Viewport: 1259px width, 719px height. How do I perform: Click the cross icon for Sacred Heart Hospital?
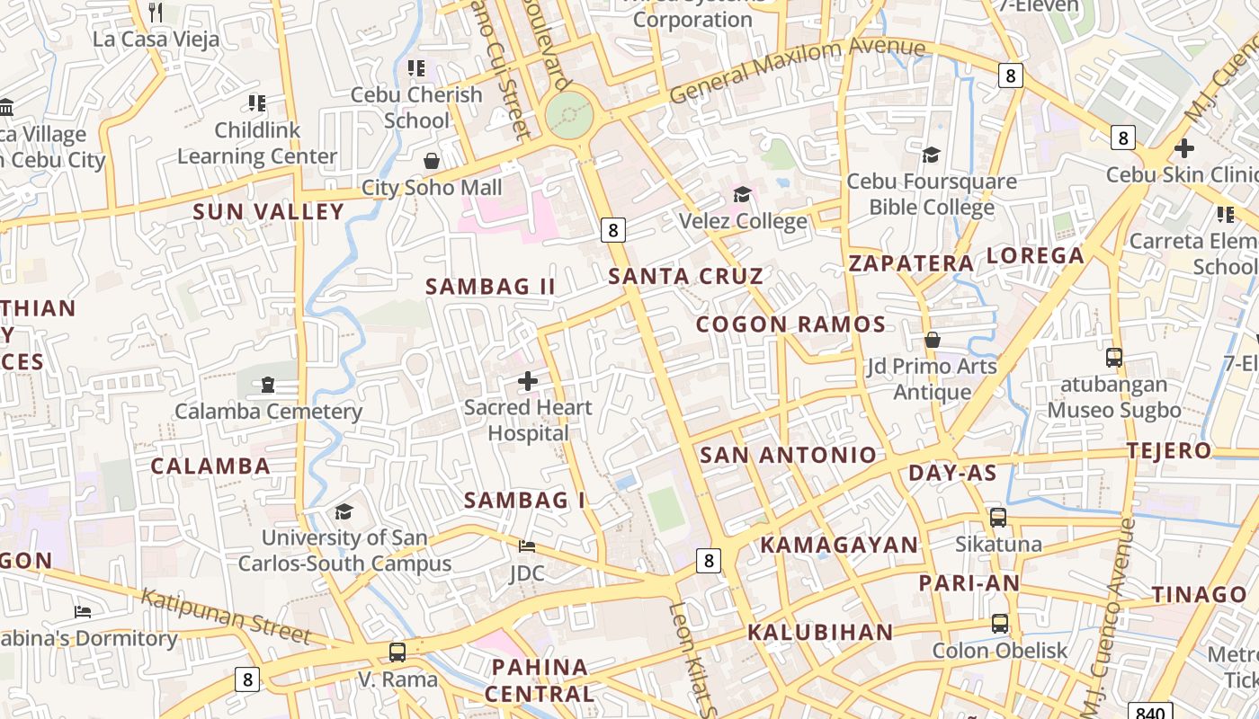tap(528, 381)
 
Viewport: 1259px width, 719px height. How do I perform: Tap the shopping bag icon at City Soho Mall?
tap(432, 161)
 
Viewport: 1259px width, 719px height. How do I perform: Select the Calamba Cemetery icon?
tap(267, 385)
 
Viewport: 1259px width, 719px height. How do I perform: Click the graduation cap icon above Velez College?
tap(742, 194)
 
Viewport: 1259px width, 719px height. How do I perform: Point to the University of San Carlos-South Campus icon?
tap(344, 511)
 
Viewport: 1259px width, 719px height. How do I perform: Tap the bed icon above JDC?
tap(527, 546)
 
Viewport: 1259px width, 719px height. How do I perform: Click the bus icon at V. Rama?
tap(397, 652)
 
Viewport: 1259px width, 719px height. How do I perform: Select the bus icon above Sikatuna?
tap(998, 518)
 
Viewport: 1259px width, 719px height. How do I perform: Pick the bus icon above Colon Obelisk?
tap(999, 624)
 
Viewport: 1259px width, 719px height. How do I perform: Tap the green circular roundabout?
tap(569, 116)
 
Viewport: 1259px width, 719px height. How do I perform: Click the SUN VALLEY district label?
tap(268, 212)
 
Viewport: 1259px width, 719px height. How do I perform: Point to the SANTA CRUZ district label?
tap(685, 276)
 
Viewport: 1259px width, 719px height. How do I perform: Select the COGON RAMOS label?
tap(790, 324)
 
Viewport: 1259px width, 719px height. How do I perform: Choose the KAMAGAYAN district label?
tap(839, 545)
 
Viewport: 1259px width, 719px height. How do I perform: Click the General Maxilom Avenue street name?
tap(797, 70)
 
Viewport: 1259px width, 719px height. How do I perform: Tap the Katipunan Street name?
tap(226, 616)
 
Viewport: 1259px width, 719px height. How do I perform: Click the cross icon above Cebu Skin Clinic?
tap(1184, 148)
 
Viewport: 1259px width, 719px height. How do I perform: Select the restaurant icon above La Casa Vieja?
tap(156, 13)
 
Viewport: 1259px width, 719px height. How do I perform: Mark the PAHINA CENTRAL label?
tap(540, 680)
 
